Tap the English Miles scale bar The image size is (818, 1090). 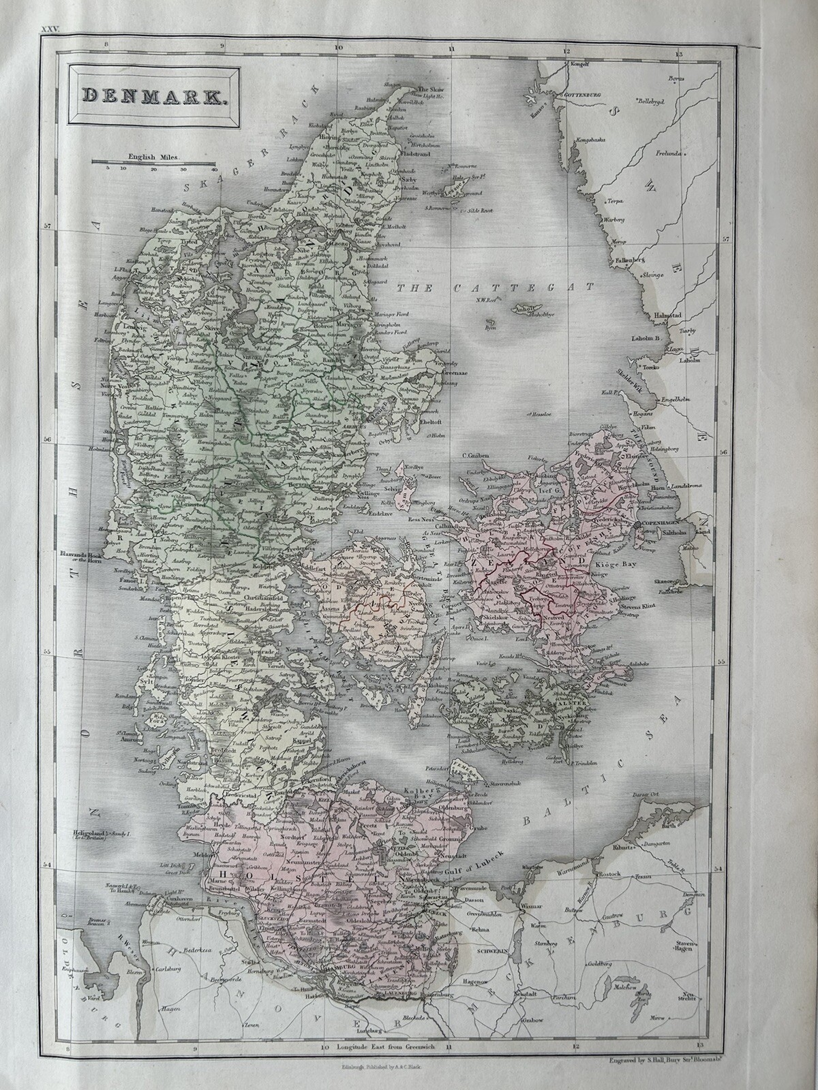pyautogui.click(x=153, y=162)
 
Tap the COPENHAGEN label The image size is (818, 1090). pyautogui.click(x=659, y=523)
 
